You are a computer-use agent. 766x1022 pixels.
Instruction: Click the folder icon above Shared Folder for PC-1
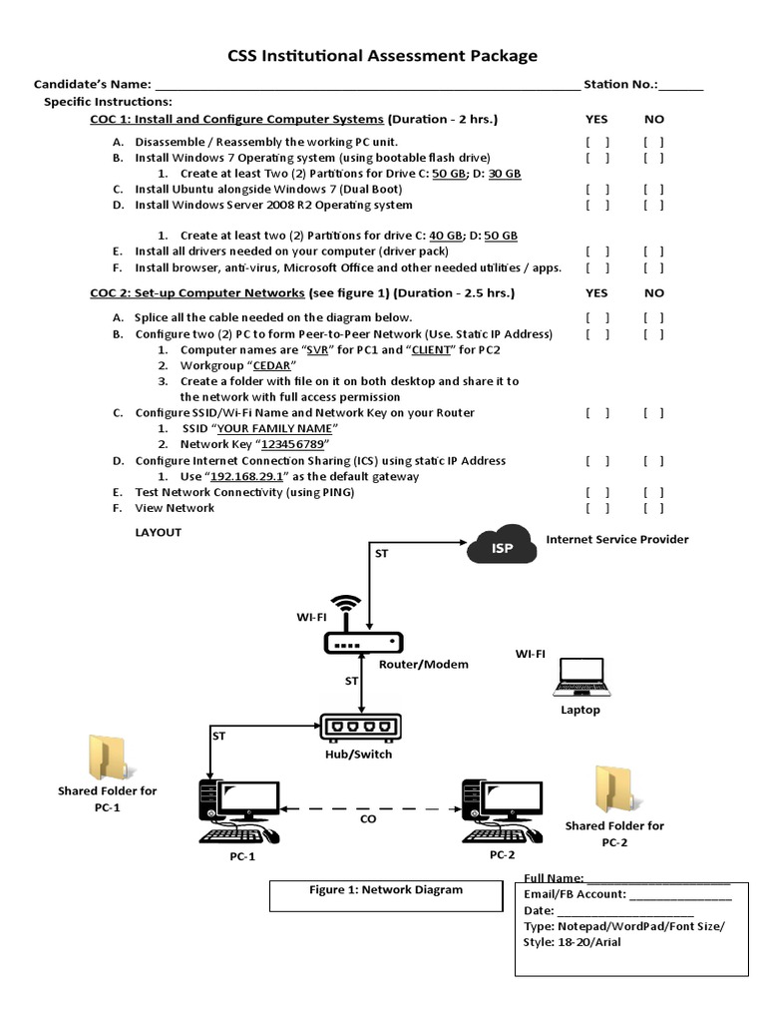(x=106, y=758)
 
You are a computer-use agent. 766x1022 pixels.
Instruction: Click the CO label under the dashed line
(x=368, y=818)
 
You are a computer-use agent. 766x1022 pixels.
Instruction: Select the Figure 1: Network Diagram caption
(x=385, y=890)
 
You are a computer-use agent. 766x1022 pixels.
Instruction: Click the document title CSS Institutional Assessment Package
(x=383, y=56)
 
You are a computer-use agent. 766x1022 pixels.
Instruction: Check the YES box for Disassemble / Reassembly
(x=597, y=142)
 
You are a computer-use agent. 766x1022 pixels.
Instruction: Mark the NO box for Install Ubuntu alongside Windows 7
(x=653, y=189)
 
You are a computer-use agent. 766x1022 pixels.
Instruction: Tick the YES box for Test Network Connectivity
(x=597, y=492)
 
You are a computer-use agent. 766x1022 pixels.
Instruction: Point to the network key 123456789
(x=293, y=444)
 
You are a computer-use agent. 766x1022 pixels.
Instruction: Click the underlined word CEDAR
(x=269, y=365)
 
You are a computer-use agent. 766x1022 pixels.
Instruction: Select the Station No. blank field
(x=681, y=85)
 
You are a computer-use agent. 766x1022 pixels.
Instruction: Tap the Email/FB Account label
(x=575, y=894)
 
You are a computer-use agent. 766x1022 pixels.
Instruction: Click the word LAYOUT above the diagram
(x=159, y=532)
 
